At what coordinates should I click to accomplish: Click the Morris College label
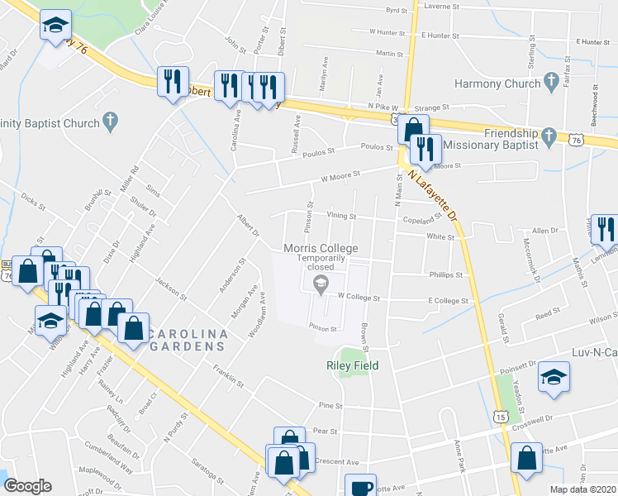tap(321, 248)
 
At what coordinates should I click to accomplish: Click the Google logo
tap(27, 486)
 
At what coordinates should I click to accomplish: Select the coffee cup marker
tap(360, 486)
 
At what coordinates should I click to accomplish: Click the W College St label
tap(358, 298)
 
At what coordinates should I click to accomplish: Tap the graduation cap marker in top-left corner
tap(55, 25)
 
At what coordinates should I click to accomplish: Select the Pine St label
tap(330, 406)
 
